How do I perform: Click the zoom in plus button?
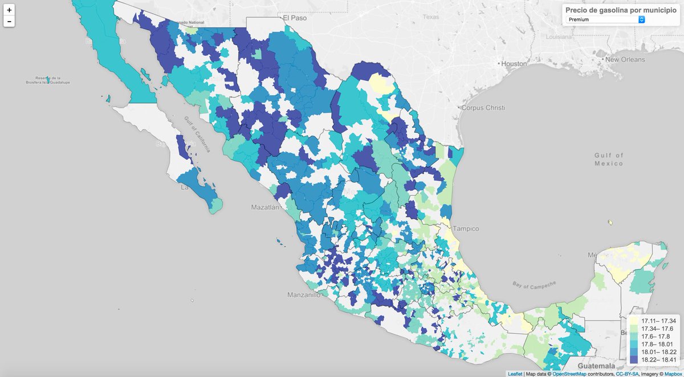coord(9,10)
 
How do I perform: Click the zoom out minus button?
coord(9,22)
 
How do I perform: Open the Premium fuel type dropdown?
coord(606,19)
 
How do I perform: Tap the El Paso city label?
coord(295,18)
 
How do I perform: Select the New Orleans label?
coord(625,60)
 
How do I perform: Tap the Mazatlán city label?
coord(265,208)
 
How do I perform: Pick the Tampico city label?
coord(467,228)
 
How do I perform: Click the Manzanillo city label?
coord(303,296)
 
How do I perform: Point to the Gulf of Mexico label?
coord(608,159)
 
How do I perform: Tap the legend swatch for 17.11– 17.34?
coord(633,321)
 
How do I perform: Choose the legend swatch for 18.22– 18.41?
coord(633,360)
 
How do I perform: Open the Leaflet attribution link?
coord(515,374)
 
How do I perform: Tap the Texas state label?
coord(431,17)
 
